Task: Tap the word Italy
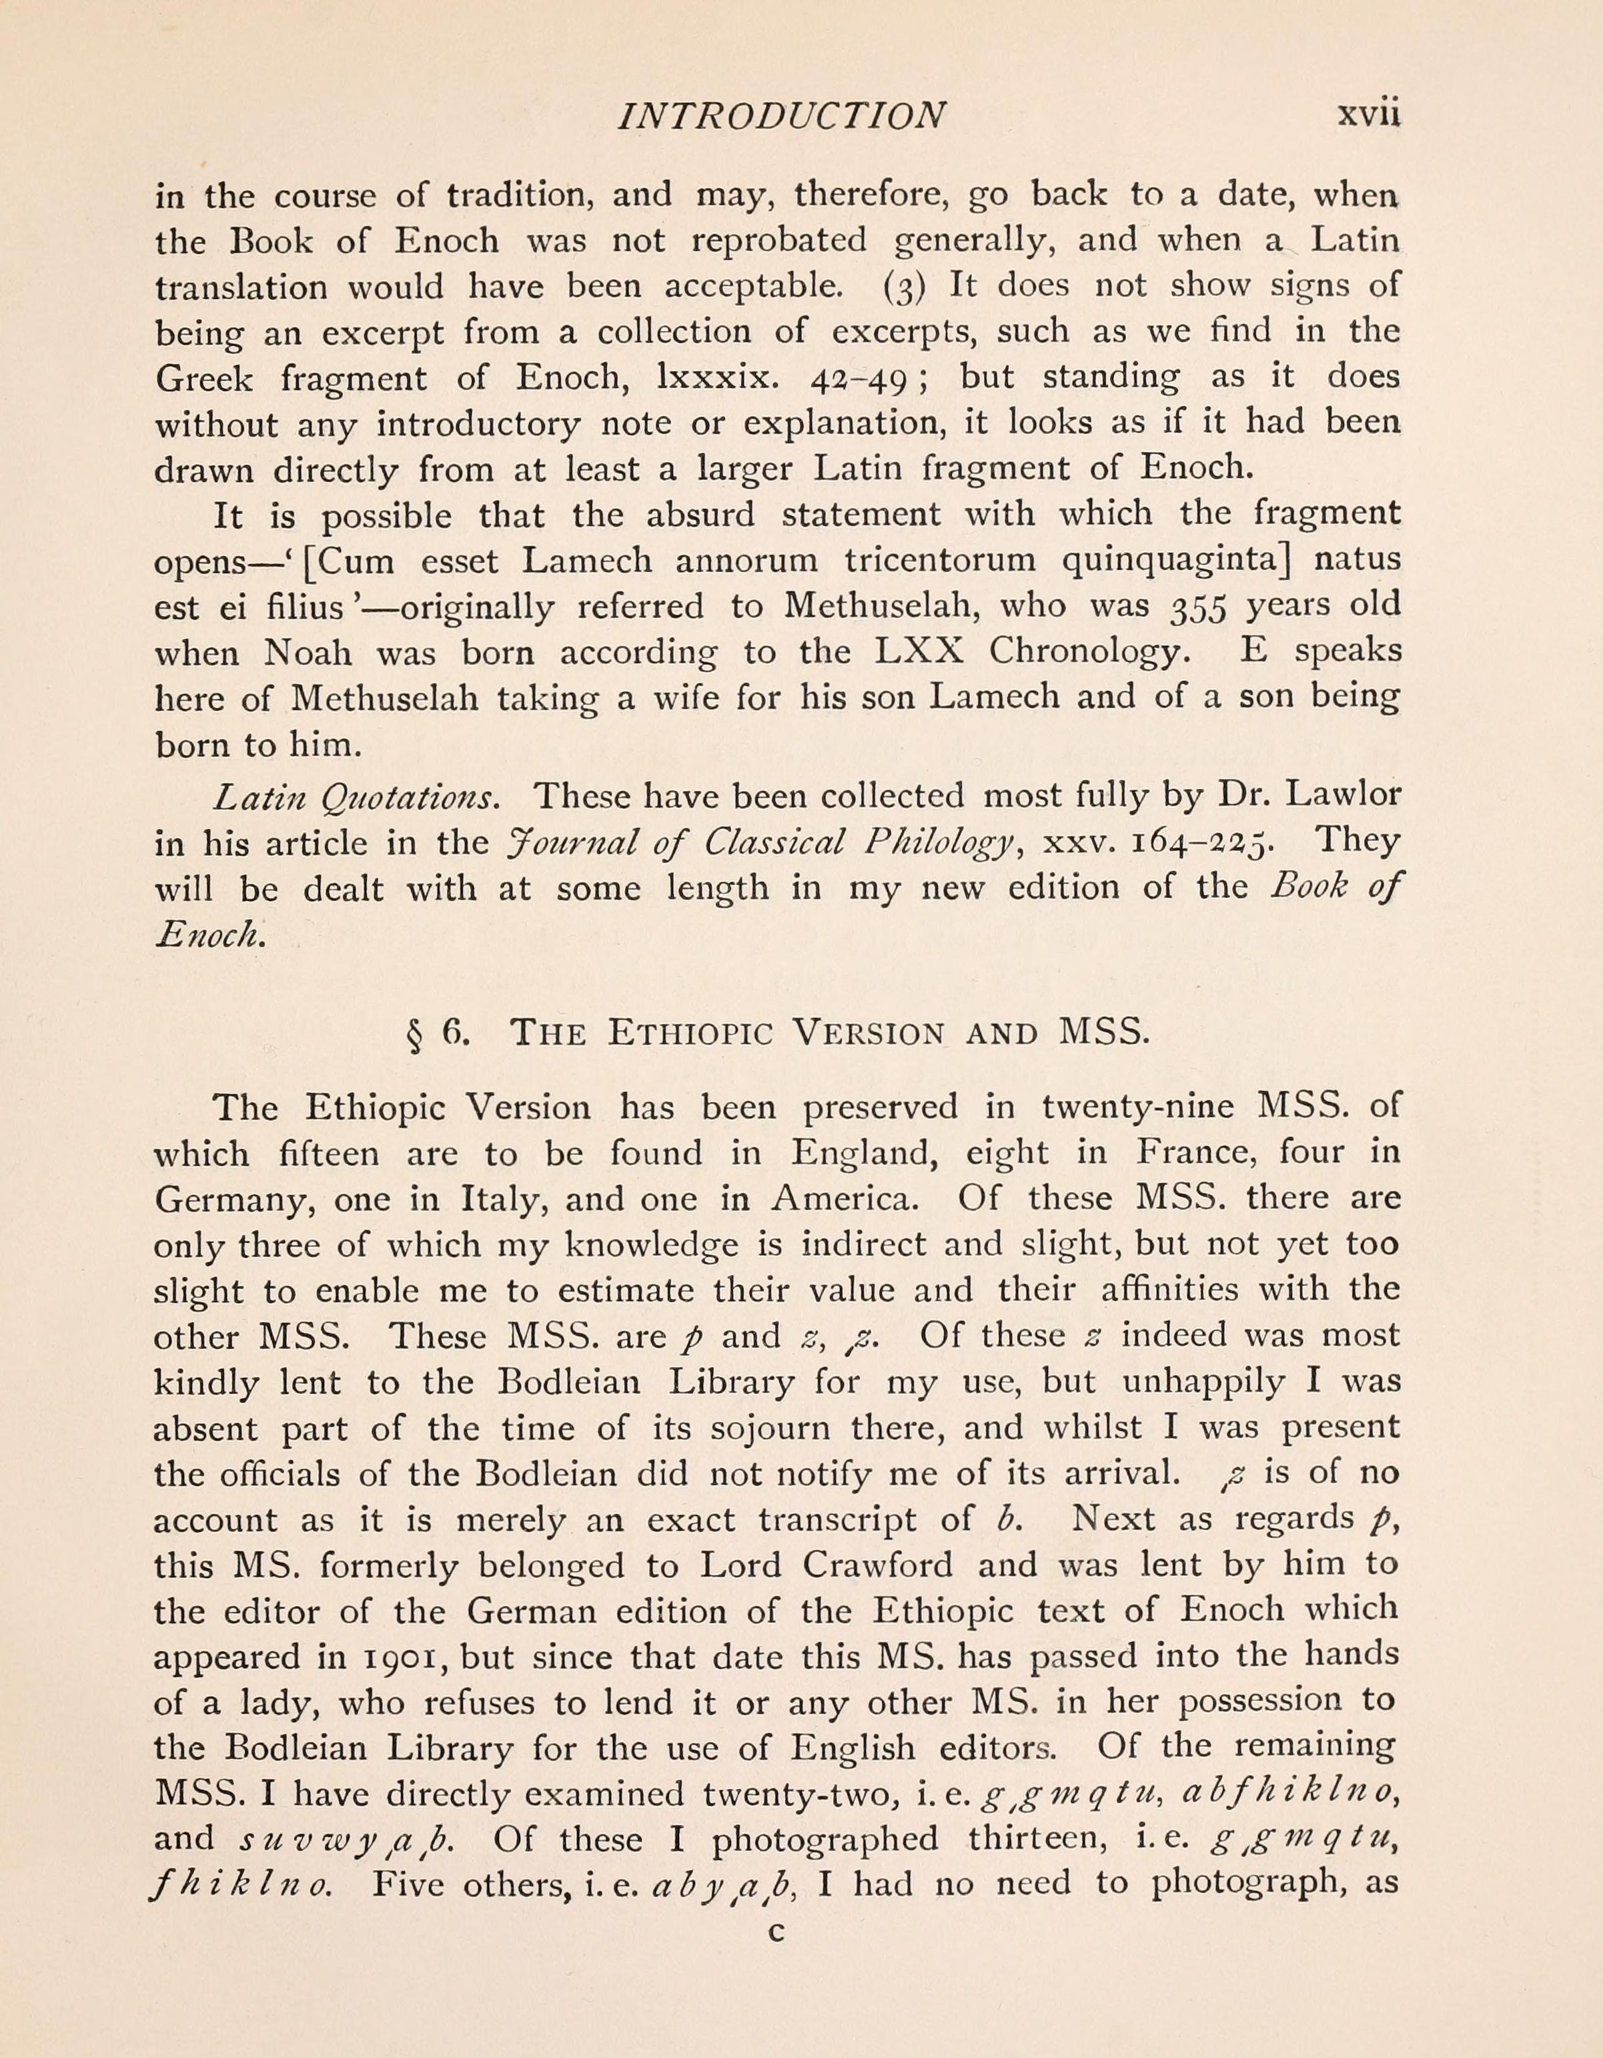click(x=499, y=1200)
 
